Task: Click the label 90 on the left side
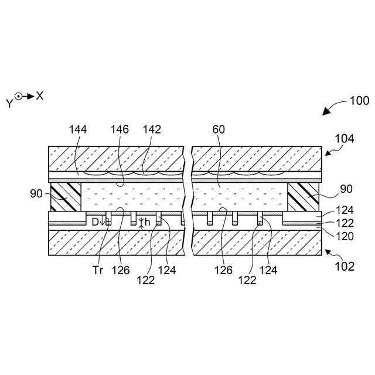[36, 192]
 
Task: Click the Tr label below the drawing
[98, 271]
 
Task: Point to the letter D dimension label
[95, 221]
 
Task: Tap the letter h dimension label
[148, 221]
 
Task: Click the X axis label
[40, 96]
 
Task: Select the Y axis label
[9, 103]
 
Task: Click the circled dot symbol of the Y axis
[19, 96]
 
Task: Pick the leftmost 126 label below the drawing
[124, 271]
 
